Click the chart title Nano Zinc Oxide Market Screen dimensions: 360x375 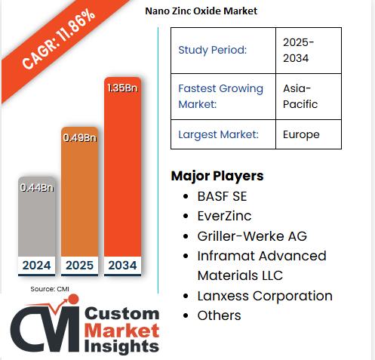pos(201,11)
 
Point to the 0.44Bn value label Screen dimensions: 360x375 pos(36,186)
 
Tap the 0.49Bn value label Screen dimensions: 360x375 pos(79,137)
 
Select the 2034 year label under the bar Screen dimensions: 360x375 pos(123,266)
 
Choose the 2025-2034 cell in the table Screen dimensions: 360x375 pos(299,50)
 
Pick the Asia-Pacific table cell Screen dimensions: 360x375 pos(300,96)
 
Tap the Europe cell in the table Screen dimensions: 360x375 pos(301,134)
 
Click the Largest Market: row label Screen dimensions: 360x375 pos(218,134)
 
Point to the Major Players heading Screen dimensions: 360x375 pos(217,176)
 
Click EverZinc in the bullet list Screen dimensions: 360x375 pos(224,216)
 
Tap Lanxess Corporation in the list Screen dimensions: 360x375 pos(264,296)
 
